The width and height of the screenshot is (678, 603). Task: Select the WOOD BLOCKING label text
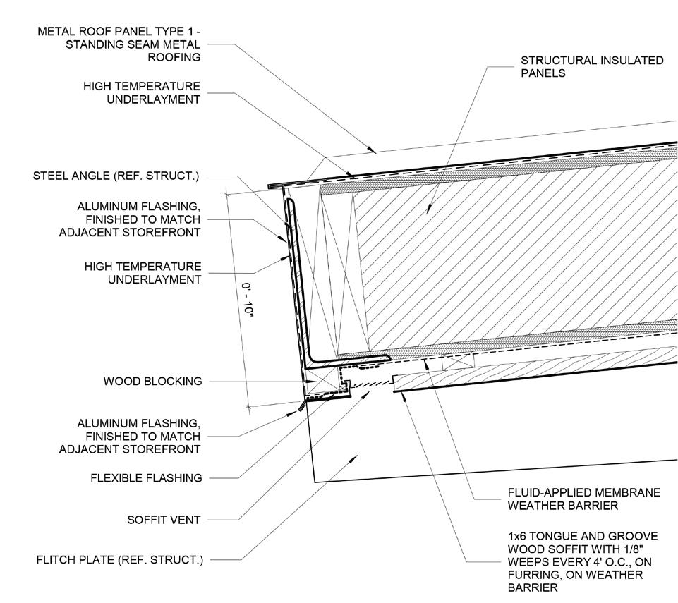point(152,381)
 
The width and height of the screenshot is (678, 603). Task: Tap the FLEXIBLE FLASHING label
point(146,477)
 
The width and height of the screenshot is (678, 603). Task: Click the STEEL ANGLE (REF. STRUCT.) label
point(116,176)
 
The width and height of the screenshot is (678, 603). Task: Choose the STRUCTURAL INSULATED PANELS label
point(592,66)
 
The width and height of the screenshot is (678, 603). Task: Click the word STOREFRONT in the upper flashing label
point(166,232)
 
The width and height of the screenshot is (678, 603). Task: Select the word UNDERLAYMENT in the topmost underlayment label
point(154,99)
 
